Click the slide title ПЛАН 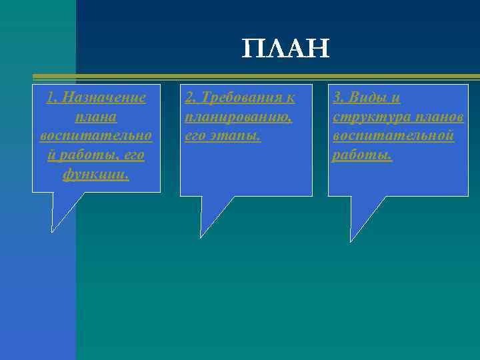coord(285,49)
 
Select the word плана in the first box coord(96,117)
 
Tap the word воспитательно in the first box coord(96,136)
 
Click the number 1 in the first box coord(50,98)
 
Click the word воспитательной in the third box coord(393,136)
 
